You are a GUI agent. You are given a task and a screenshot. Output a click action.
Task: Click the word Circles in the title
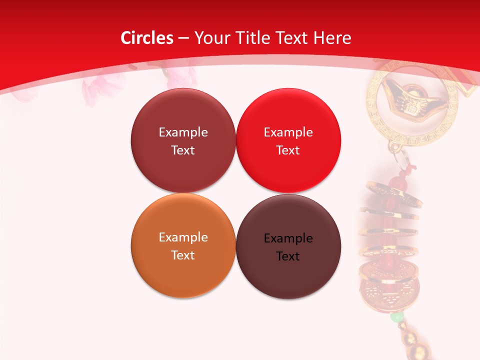tap(146, 38)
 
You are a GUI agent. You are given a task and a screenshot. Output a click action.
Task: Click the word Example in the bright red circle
tap(288, 132)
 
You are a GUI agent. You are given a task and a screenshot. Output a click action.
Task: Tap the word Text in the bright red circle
tap(288, 150)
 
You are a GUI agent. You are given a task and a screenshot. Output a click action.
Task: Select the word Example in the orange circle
tap(183, 237)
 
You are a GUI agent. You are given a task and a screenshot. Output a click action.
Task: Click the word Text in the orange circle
tap(183, 255)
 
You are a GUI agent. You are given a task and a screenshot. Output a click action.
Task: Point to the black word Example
tap(288, 238)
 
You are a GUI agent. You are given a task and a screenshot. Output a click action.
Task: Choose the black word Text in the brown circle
tap(288, 256)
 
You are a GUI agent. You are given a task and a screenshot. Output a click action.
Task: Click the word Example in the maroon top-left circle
tap(183, 132)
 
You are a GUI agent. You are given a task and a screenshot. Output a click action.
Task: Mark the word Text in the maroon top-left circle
tap(183, 150)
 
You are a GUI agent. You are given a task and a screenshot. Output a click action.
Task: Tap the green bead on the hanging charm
tap(396, 317)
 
